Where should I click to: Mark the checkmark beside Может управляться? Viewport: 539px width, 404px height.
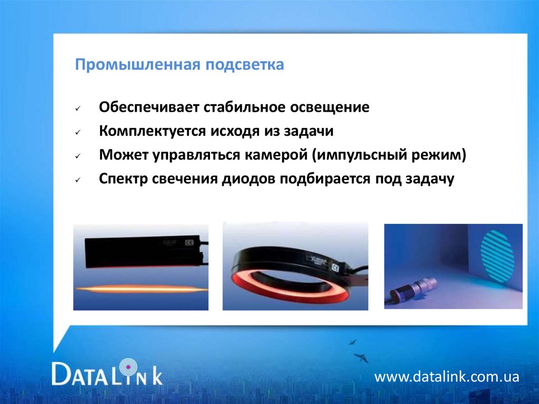pyautogui.click(x=77, y=156)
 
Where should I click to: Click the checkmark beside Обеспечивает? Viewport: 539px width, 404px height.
pyautogui.click(x=77, y=109)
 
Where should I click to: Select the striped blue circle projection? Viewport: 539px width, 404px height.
pyautogui.click(x=497, y=254)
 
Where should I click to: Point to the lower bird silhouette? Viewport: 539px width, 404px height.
pyautogui.click(x=361, y=358)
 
